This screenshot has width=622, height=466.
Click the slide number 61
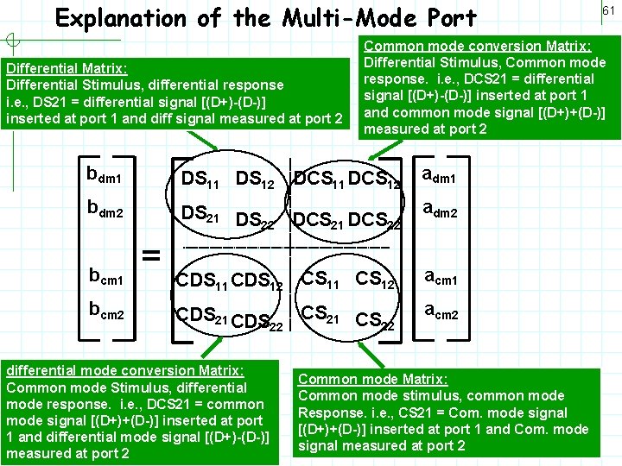[608, 10]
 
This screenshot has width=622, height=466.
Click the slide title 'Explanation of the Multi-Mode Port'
[266, 18]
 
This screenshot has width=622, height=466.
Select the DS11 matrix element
[200, 179]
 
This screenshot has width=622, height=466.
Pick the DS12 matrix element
[256, 179]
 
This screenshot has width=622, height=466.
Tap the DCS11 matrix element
[320, 179]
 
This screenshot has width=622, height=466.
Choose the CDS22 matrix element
[258, 321]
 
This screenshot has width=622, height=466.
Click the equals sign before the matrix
[152, 254]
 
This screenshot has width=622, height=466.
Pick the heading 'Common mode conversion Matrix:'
[478, 46]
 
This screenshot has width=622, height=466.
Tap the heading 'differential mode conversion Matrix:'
[125, 370]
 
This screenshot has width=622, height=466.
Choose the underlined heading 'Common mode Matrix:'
[372, 379]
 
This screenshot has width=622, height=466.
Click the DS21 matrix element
[200, 212]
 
